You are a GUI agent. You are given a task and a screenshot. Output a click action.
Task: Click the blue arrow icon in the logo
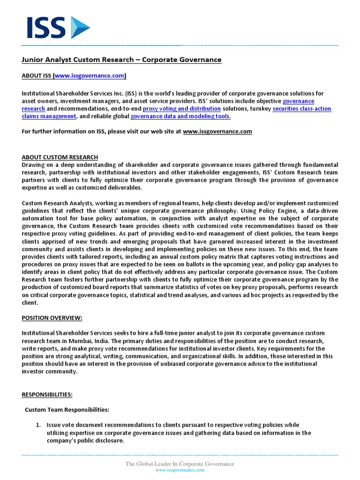79,28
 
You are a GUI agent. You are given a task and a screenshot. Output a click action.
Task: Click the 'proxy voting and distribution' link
181,108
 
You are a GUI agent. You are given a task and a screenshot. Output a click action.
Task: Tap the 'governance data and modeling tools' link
180,116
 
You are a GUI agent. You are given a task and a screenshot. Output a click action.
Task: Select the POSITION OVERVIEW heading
52,318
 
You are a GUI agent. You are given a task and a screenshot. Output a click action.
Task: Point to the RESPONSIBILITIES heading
47,395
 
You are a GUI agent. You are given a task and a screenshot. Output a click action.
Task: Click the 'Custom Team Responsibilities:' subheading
67,410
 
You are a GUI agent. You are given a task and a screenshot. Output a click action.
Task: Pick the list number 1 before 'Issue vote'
39,425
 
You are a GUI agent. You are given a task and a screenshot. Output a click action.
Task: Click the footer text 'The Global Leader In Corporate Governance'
180,464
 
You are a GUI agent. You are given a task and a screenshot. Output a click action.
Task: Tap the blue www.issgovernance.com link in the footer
180,470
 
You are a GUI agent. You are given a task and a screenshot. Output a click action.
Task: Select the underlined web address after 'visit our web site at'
217,131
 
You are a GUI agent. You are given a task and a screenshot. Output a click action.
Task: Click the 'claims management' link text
49,116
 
